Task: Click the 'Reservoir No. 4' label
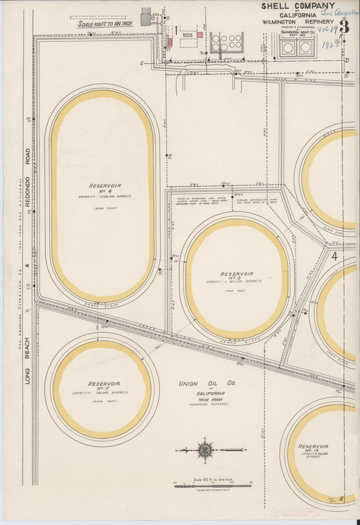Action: [x=104, y=187]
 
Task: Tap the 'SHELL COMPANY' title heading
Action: [x=298, y=6]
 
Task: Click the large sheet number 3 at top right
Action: [x=344, y=27]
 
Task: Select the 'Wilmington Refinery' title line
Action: [x=298, y=22]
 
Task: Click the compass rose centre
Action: [x=205, y=449]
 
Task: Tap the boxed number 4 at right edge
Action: [x=334, y=256]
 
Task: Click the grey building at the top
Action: [x=146, y=17]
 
